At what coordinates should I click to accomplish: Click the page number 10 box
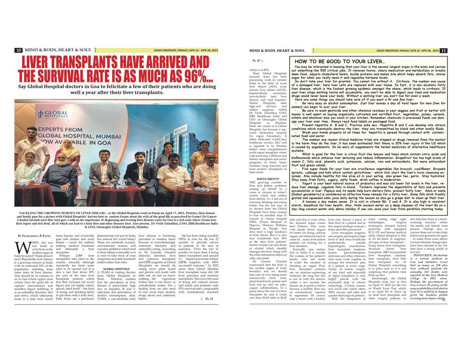click(x=18, y=50)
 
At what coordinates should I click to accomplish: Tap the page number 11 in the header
click(x=444, y=50)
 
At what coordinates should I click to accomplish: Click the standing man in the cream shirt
click(x=31, y=144)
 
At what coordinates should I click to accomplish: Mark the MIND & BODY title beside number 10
click(x=58, y=50)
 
